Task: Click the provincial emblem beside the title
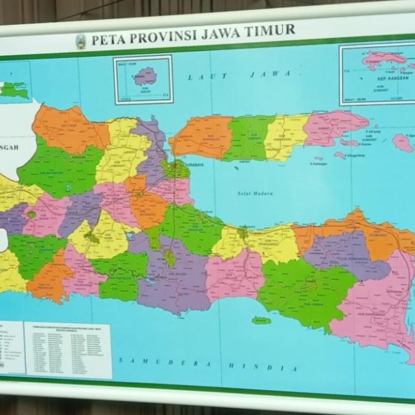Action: (81, 42)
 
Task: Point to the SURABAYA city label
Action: (194, 164)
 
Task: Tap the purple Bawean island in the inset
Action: (145, 76)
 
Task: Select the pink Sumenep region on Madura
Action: (332, 127)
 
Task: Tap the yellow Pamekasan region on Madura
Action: (284, 134)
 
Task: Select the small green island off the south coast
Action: (261, 320)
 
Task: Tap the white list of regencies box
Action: (68, 349)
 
